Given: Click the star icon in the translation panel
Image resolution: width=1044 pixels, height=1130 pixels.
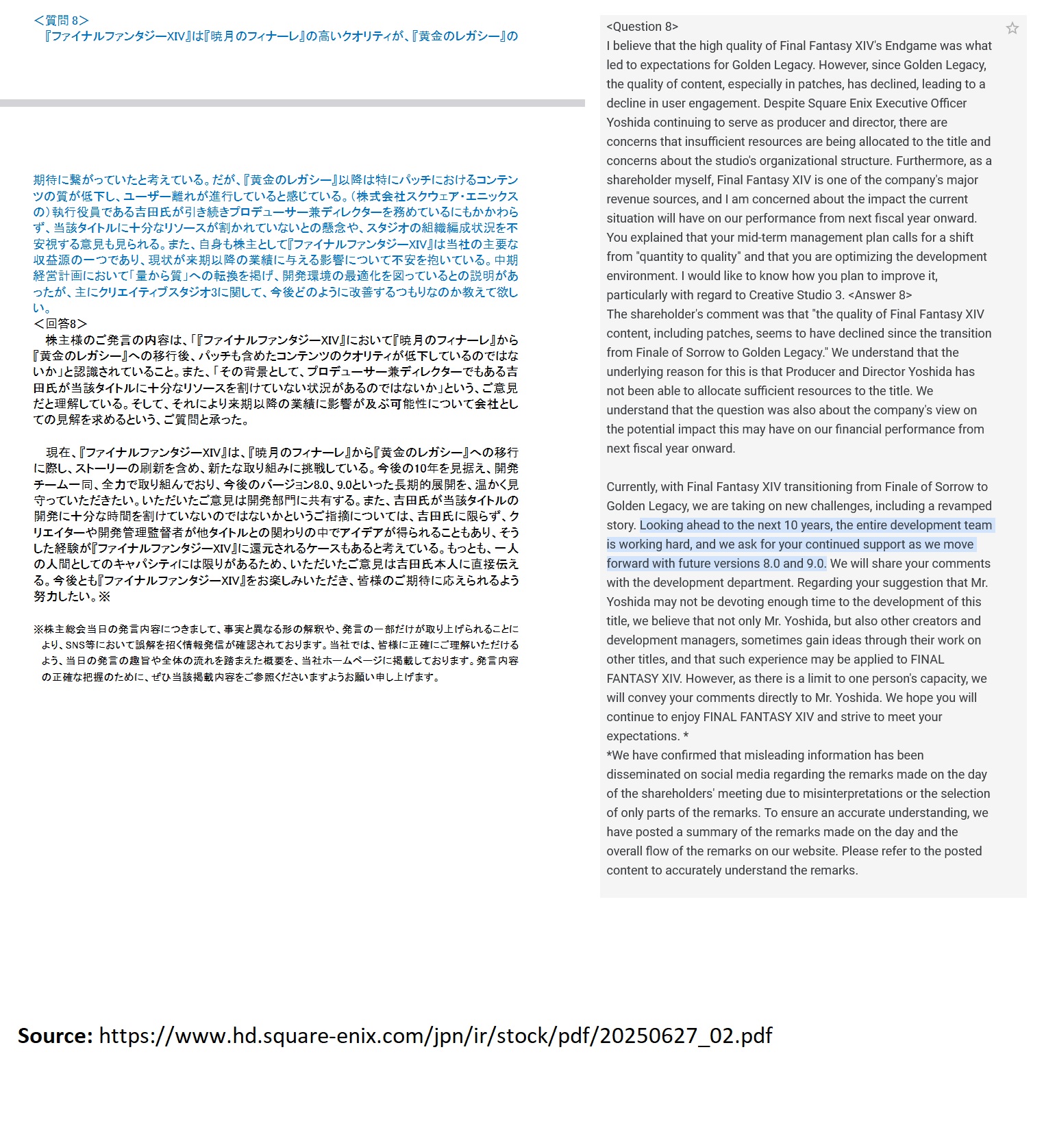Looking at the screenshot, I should click(x=1012, y=28).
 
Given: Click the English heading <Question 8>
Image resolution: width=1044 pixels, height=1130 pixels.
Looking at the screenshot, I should click(x=642, y=27).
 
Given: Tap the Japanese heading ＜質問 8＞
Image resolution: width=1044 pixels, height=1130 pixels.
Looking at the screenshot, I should click(x=61, y=21).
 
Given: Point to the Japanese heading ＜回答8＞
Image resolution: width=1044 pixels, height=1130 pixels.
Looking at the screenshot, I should click(x=60, y=324).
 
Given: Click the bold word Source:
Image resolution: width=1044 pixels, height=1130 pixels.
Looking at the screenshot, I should click(x=55, y=1035).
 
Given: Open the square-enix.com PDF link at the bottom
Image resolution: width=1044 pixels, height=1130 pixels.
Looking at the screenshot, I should click(x=435, y=1035).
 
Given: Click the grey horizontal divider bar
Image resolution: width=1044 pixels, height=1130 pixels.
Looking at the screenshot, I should click(x=293, y=103).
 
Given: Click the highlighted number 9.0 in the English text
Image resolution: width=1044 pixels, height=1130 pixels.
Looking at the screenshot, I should click(x=816, y=564).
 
